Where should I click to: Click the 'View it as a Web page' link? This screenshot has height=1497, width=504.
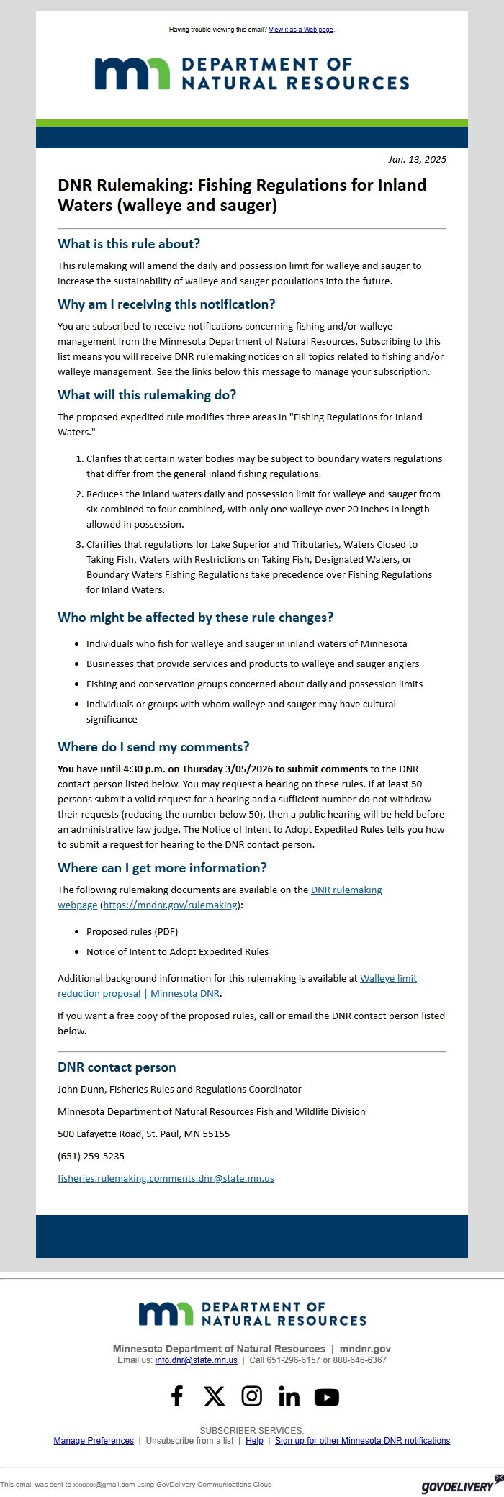[x=300, y=30]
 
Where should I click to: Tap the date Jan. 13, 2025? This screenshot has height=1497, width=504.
[x=417, y=159]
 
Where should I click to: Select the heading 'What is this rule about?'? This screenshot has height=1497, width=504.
[x=129, y=244]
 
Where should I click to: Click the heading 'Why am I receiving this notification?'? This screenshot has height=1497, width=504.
[x=166, y=304]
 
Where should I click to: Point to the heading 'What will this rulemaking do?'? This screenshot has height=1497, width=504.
[x=147, y=395]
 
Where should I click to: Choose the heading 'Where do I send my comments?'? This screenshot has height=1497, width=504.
[x=153, y=747]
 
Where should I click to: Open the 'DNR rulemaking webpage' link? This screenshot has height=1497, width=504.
[x=346, y=890]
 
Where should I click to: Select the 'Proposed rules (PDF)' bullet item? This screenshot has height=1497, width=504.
[x=132, y=931]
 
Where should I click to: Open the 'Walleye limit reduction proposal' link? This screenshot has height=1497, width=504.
[x=387, y=979]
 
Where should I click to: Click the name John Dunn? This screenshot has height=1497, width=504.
[x=81, y=1090]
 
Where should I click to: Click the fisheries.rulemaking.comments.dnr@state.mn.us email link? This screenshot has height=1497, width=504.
[x=166, y=1179]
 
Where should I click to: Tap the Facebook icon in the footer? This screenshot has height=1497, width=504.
[x=177, y=1396]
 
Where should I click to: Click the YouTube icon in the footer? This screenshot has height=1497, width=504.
[x=326, y=1397]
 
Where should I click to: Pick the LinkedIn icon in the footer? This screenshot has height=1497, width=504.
[x=289, y=1397]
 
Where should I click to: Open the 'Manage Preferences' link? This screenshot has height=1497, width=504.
[x=94, y=1441]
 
